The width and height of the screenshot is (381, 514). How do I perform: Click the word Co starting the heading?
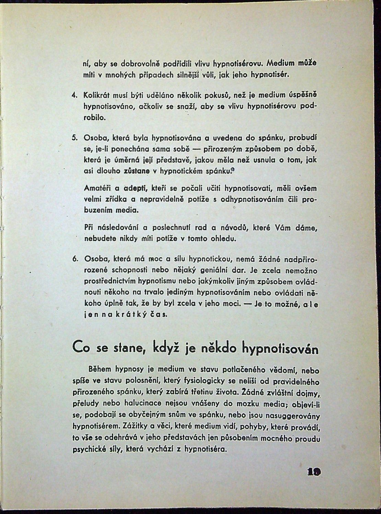(80, 348)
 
